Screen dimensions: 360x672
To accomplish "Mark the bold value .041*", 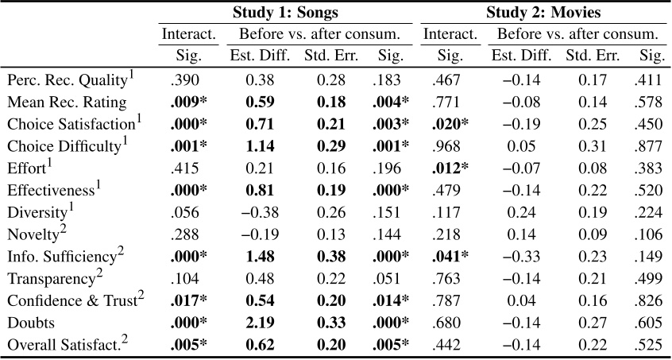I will pyautogui.click(x=450, y=257).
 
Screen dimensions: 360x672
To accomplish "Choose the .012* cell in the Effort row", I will pyautogui.click(x=450, y=168).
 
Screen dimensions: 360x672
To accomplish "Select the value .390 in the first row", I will pyautogui.click(x=183, y=81).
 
